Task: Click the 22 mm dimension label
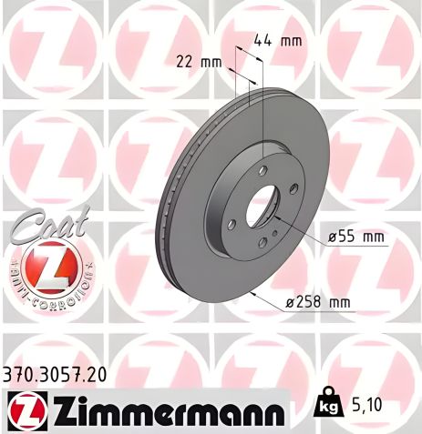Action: (198, 62)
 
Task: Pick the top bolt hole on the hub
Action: (262, 171)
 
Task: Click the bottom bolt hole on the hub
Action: (261, 241)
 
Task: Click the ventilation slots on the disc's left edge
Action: (164, 218)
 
